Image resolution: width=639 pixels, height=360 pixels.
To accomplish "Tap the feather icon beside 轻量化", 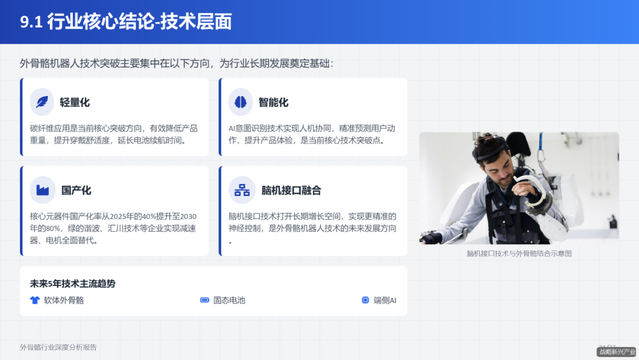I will pyautogui.click(x=42, y=102).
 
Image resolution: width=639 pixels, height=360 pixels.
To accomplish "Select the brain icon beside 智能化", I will pyautogui.click(x=241, y=102).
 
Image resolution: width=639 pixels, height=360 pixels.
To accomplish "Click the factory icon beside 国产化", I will pyautogui.click(x=42, y=190).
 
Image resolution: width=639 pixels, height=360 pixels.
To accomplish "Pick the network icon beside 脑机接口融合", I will pyautogui.click(x=241, y=190).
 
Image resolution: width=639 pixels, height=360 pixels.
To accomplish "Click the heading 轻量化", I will pyautogui.click(x=75, y=102).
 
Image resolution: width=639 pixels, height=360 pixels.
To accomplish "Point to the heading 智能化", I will pyautogui.click(x=274, y=102).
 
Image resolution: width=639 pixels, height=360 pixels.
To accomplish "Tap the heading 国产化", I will pyautogui.click(x=76, y=191).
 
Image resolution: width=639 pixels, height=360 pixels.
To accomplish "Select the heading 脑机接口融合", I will pyautogui.click(x=291, y=191).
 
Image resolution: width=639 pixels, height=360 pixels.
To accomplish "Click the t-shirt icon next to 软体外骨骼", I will pyautogui.click(x=35, y=300).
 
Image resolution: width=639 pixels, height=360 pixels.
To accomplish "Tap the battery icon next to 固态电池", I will pyautogui.click(x=205, y=300).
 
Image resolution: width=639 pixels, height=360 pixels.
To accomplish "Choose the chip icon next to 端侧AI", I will pyautogui.click(x=365, y=300).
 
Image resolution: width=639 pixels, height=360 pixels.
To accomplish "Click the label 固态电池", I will pyautogui.click(x=229, y=300).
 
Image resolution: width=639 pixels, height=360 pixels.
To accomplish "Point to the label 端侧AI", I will pyautogui.click(x=385, y=300).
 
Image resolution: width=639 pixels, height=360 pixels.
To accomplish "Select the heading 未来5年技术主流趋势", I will pyautogui.click(x=73, y=284).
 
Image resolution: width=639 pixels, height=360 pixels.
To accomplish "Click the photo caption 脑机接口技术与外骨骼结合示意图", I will pyautogui.click(x=519, y=253).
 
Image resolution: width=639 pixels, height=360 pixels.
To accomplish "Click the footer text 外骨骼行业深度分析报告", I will pyautogui.click(x=58, y=348).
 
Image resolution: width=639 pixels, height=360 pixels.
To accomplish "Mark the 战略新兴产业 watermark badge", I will pyautogui.click(x=616, y=352).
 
